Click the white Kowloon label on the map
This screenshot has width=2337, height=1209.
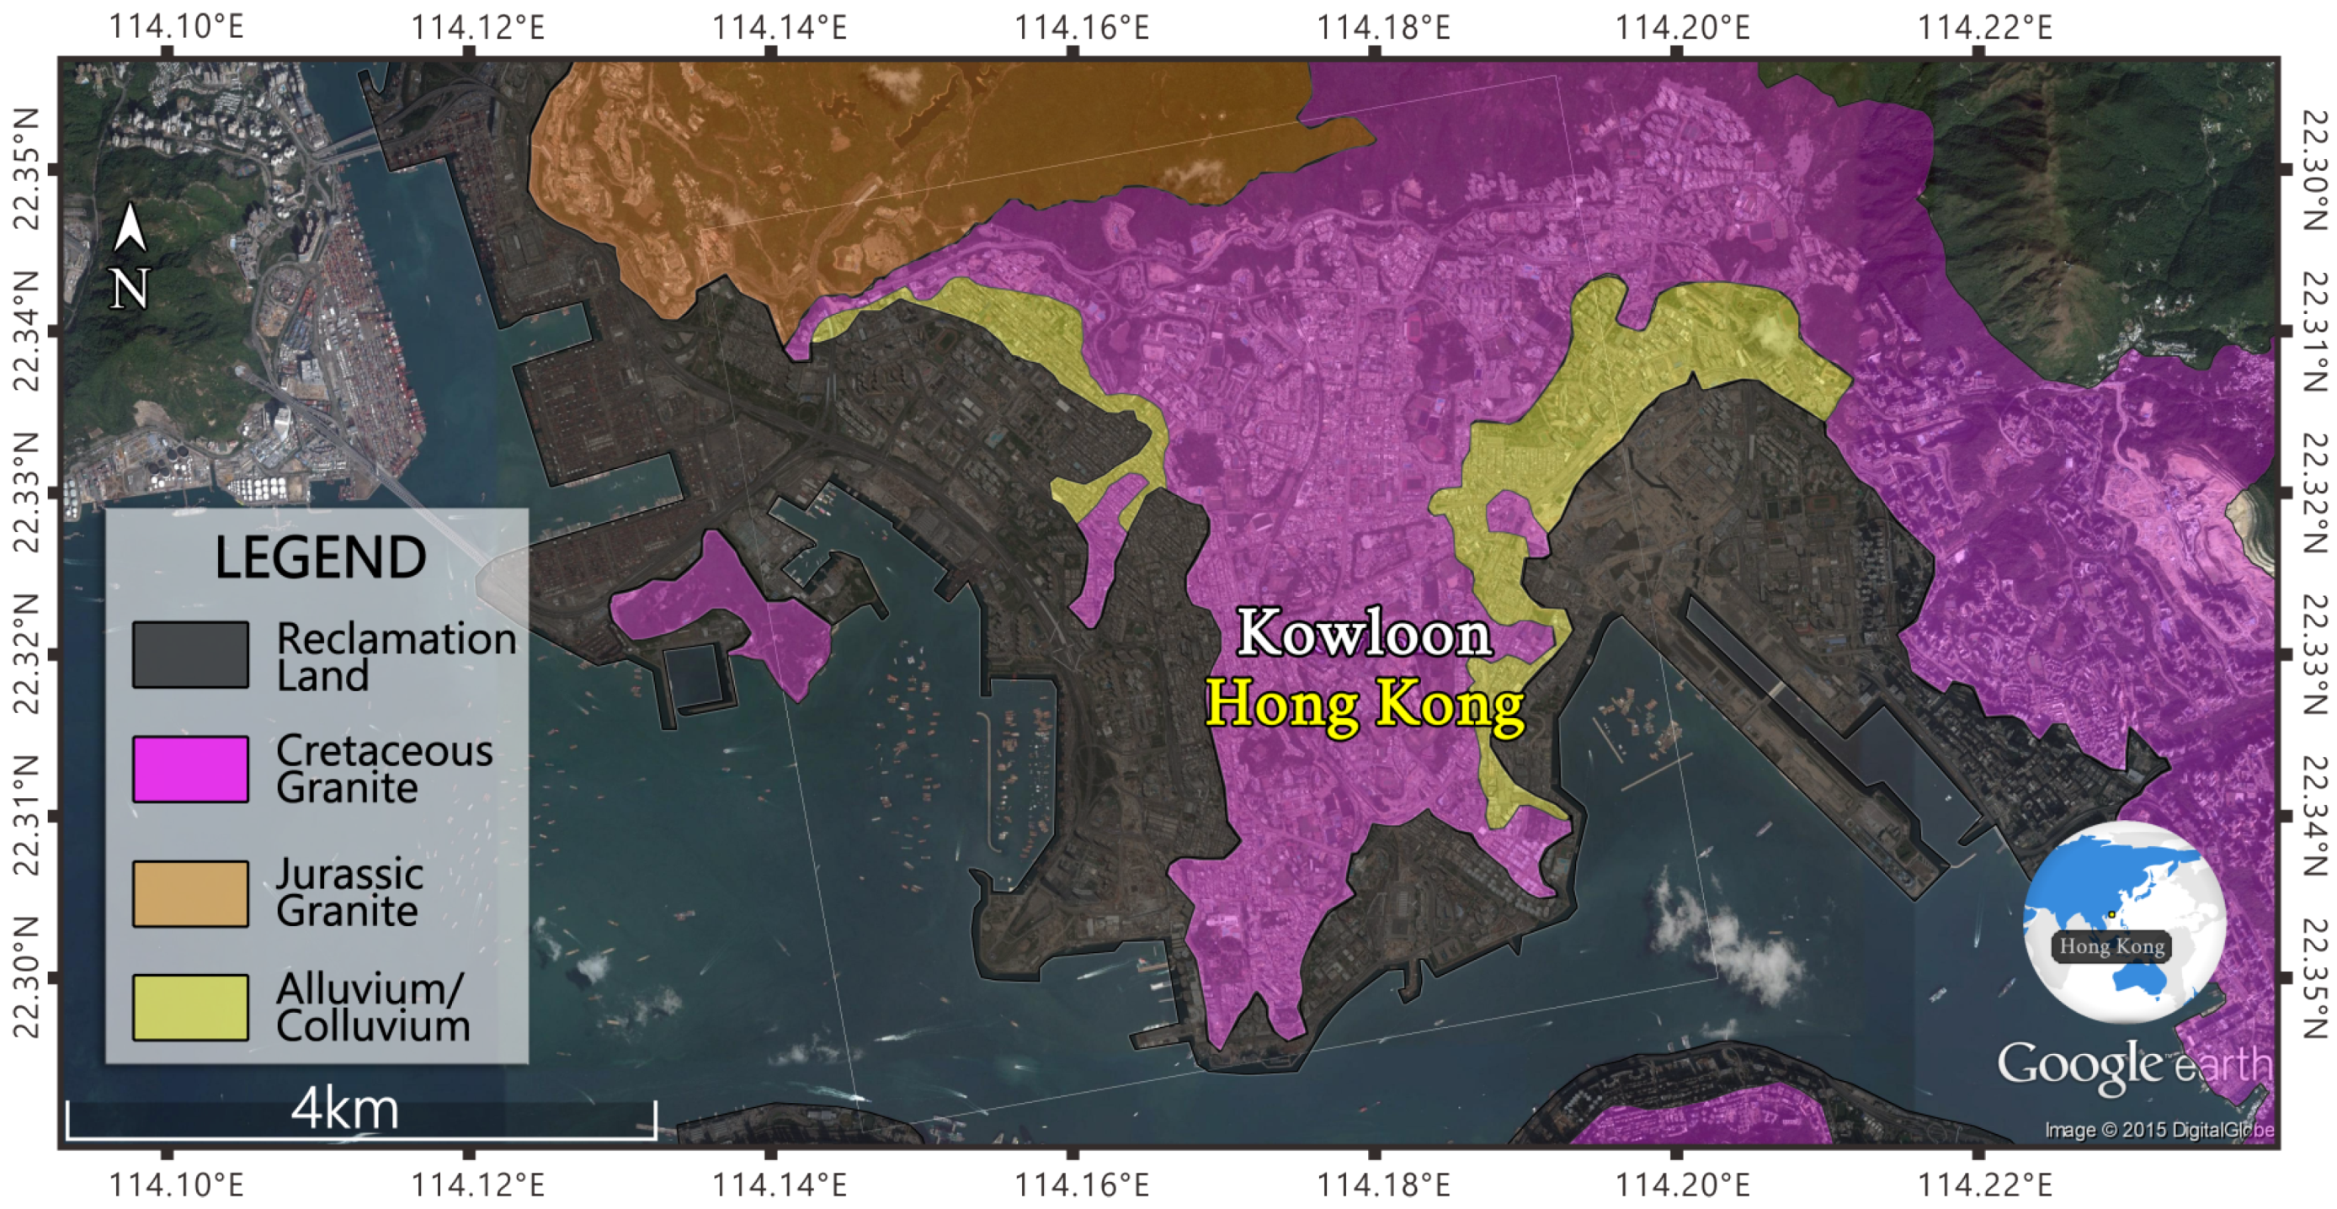[1365, 633]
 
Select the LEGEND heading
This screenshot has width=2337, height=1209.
[319, 557]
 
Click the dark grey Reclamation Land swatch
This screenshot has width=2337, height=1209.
[190, 655]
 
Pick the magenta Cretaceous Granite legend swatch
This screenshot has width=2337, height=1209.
[190, 770]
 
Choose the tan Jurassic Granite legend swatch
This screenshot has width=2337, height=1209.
[190, 893]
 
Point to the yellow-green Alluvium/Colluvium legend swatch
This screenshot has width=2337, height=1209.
[190, 1007]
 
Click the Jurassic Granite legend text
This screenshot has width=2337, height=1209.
[349, 893]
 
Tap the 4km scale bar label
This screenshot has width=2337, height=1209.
[345, 1108]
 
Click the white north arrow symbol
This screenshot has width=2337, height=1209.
[130, 227]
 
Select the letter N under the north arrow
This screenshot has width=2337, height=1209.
[130, 290]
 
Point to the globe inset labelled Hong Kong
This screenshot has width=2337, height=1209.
[2123, 920]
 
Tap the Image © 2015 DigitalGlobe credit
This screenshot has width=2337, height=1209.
[2159, 1130]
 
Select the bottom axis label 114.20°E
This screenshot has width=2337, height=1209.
[1682, 1185]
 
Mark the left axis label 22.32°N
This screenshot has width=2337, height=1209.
[27, 655]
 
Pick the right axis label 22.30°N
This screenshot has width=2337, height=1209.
[2313, 169]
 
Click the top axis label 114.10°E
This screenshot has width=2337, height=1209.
[176, 27]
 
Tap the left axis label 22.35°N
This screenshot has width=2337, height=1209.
[27, 169]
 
